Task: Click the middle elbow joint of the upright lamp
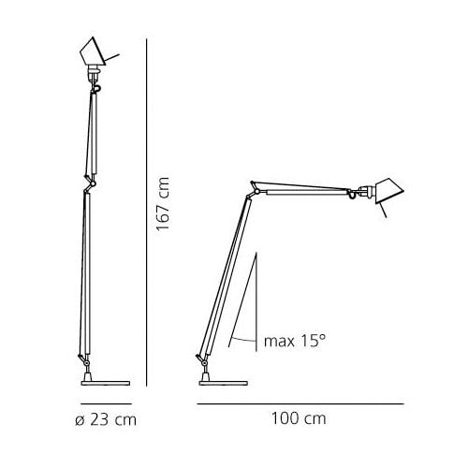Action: click(89, 182)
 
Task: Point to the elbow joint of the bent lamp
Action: click(252, 191)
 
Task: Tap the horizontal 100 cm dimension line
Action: click(300, 403)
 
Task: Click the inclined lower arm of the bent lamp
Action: click(225, 276)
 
